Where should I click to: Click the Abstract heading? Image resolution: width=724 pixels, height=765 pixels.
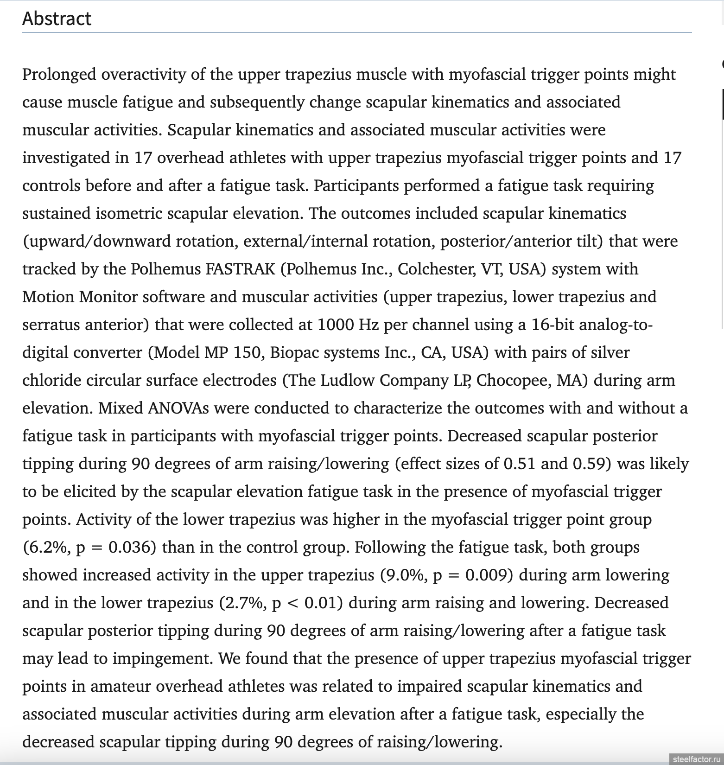pos(57,19)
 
